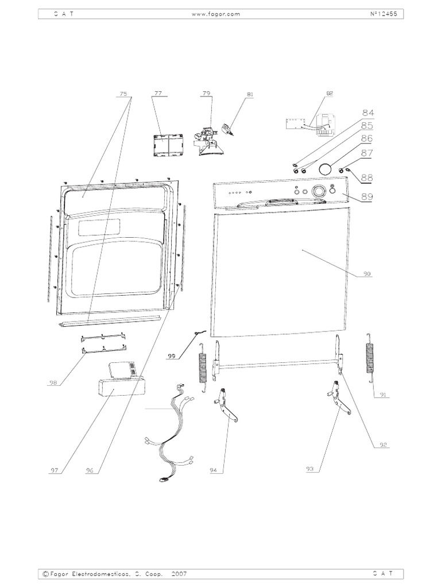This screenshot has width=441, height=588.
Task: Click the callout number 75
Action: tap(123, 94)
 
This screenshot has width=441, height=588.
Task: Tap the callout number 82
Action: tap(329, 94)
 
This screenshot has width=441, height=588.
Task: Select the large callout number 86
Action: tap(367, 138)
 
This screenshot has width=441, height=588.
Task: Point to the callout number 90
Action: tap(367, 274)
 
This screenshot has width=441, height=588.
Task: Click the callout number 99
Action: tap(171, 356)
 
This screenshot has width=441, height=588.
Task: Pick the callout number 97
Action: tap(55, 470)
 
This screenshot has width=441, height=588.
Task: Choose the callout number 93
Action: tap(310, 469)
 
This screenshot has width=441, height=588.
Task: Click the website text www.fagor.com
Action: tap(216, 14)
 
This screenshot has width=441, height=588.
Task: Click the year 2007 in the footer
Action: tap(179, 574)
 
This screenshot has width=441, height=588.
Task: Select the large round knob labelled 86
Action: tap(326, 169)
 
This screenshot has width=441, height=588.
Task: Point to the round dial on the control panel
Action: tap(318, 191)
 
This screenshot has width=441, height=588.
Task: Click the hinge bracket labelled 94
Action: tap(226, 405)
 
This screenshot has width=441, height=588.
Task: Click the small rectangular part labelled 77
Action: tap(168, 144)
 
